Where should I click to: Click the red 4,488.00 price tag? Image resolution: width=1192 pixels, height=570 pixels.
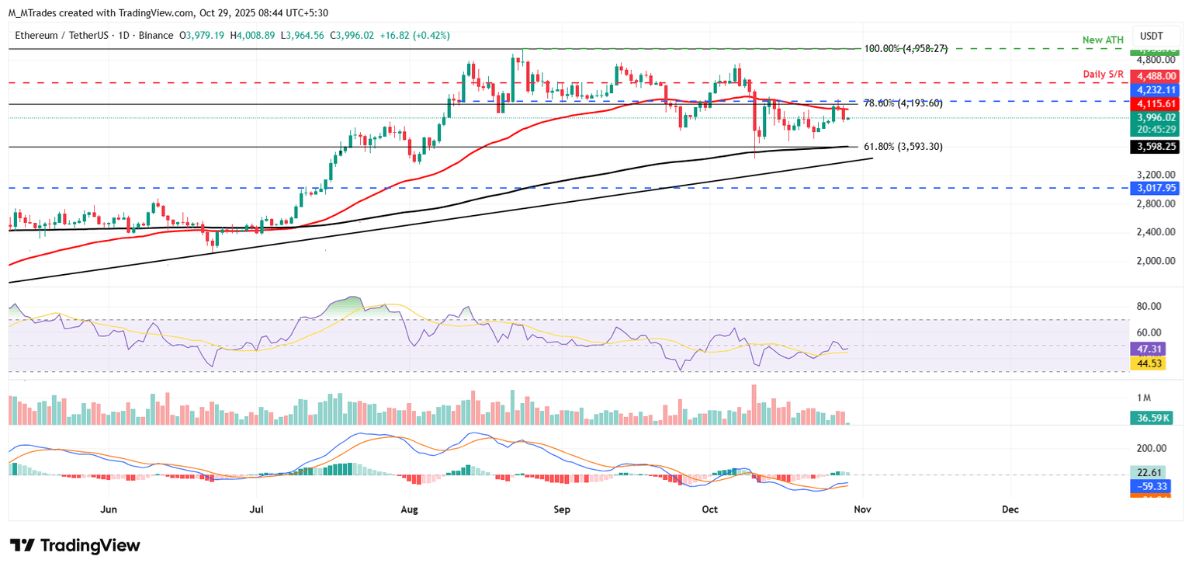pyautogui.click(x=1150, y=76)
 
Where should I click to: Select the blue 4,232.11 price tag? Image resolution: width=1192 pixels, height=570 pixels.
pyautogui.click(x=1150, y=89)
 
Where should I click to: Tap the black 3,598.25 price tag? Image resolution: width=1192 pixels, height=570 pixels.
pyautogui.click(x=1150, y=146)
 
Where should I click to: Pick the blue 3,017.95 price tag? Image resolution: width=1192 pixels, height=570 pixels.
pyautogui.click(x=1150, y=188)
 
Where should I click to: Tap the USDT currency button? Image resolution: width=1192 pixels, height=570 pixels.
pyautogui.click(x=1152, y=36)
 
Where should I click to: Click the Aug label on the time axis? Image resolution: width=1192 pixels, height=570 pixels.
pyautogui.click(x=411, y=509)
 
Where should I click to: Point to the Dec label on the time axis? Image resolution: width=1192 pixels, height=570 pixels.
pyautogui.click(x=1010, y=509)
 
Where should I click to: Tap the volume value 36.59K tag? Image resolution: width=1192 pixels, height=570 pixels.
pyautogui.click(x=1150, y=418)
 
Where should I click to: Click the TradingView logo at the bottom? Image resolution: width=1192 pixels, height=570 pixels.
pyautogui.click(x=75, y=545)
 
